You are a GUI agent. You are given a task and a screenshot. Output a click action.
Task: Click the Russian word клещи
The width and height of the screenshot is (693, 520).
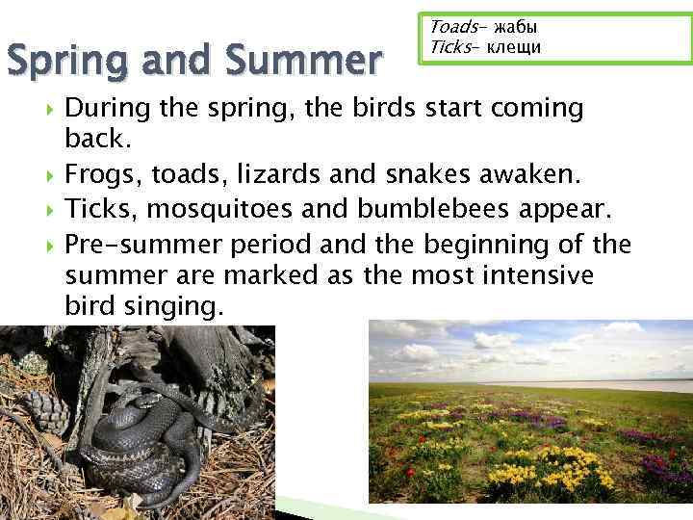click(514, 46)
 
